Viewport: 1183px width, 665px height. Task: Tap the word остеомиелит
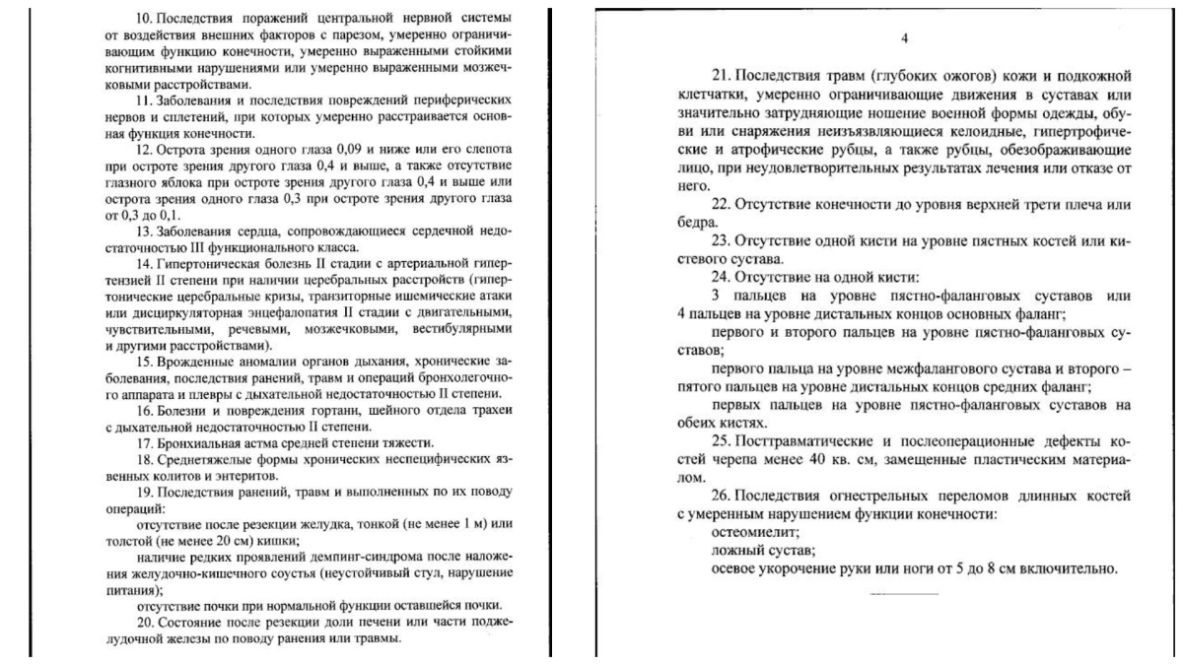(x=752, y=531)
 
